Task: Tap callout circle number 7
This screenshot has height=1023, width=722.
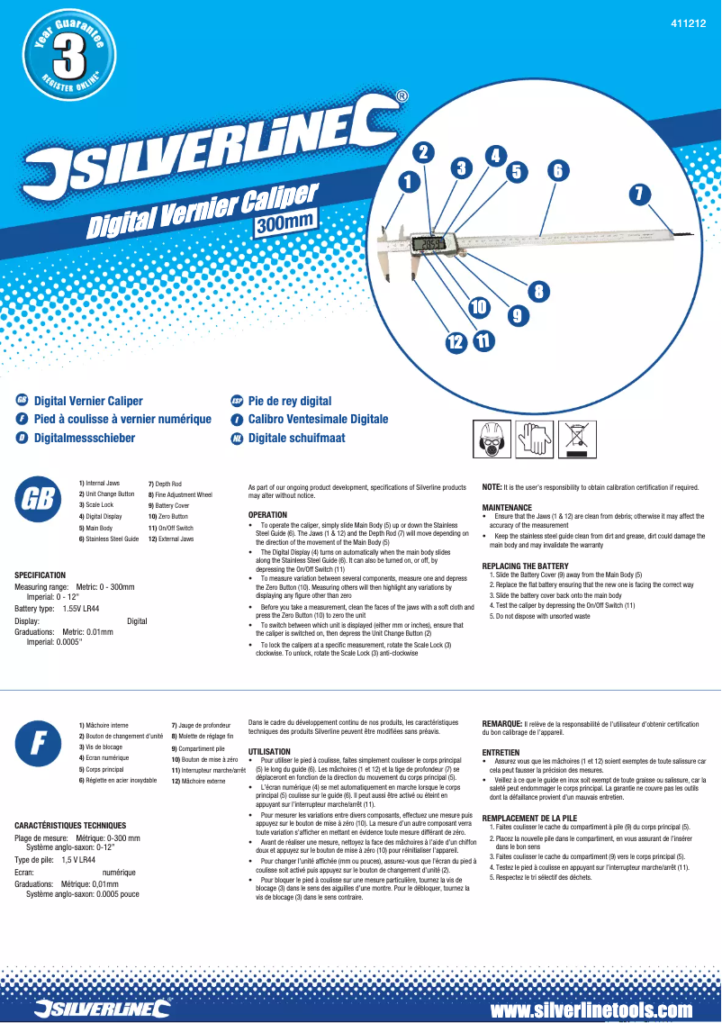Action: coord(639,194)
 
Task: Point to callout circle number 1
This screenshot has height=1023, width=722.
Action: coord(411,181)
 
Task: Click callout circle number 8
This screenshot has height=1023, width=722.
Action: coord(538,291)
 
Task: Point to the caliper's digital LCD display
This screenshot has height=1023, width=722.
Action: coord(429,244)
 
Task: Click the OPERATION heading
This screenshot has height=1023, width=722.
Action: coord(267,515)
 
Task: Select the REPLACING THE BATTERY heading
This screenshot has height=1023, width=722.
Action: coord(526,566)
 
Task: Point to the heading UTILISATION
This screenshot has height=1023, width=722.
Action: coord(269,751)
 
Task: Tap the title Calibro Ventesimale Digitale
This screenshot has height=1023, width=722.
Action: coord(318,420)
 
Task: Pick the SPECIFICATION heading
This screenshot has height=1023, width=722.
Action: coord(41,575)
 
